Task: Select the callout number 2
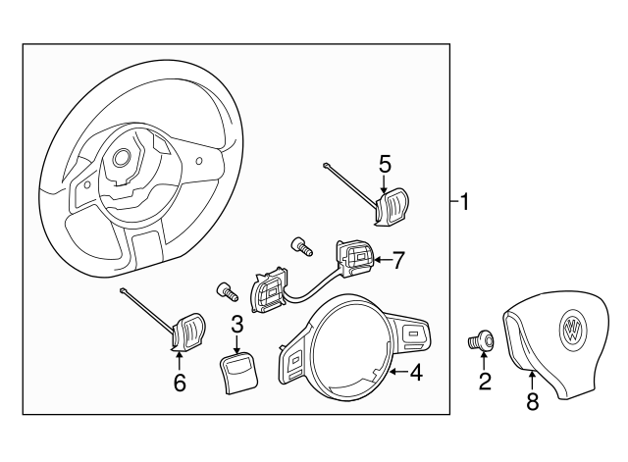point(485,381)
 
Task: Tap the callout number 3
point(236,324)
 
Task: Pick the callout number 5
point(385,163)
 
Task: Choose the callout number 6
point(179,383)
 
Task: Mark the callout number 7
point(397,261)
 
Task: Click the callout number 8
point(532,400)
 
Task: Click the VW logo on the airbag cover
point(571,329)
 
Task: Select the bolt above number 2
point(482,341)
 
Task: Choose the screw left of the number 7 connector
point(300,245)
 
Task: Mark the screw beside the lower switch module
point(227,289)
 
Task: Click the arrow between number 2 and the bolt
point(484,361)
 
